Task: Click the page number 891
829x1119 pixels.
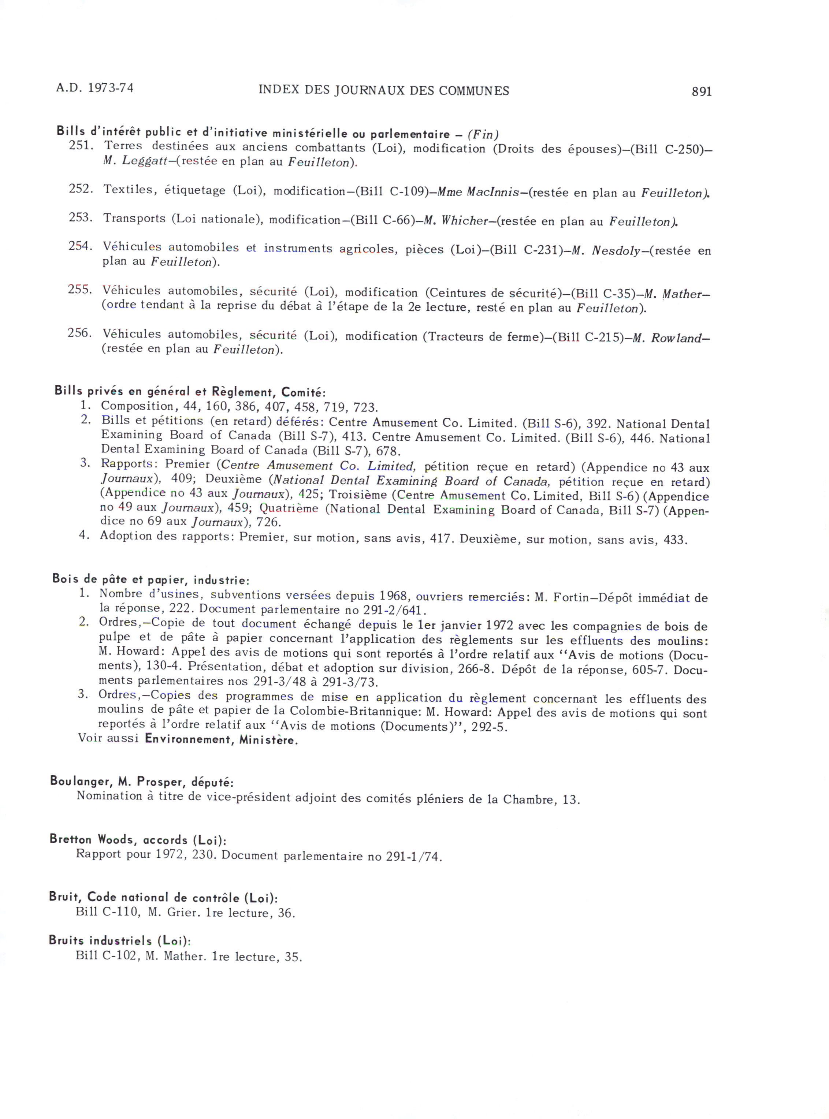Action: (701, 91)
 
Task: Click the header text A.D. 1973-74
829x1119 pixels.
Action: (95, 88)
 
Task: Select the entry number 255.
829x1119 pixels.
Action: (80, 290)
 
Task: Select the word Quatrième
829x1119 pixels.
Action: (288, 508)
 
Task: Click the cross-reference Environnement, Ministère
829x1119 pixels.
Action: (221, 740)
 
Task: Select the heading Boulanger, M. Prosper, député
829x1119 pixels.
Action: (141, 782)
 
